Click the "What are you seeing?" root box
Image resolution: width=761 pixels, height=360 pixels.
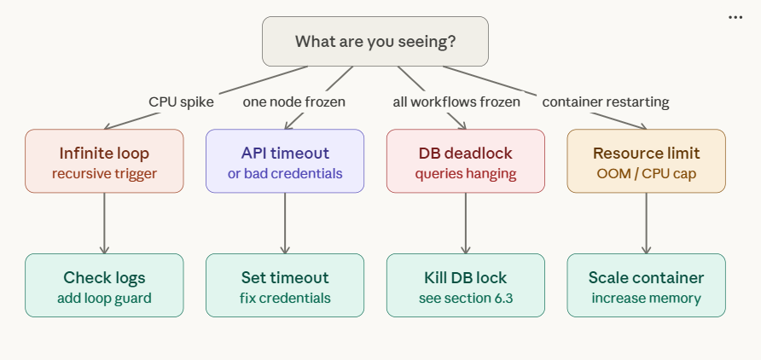(x=375, y=41)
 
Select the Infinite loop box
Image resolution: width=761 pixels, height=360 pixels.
(x=104, y=161)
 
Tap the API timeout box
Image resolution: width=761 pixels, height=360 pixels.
(x=285, y=161)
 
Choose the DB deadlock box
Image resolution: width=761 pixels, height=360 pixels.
(x=466, y=161)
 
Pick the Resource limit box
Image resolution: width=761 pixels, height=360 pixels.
(x=646, y=161)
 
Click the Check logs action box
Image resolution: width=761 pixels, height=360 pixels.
(x=104, y=286)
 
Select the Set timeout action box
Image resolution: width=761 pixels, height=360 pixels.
(x=285, y=286)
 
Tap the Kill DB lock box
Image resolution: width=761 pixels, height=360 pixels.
(x=466, y=286)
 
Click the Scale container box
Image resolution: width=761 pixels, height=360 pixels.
(x=646, y=286)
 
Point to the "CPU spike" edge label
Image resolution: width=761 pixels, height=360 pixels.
(x=181, y=102)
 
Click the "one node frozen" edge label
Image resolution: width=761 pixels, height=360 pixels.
(x=294, y=102)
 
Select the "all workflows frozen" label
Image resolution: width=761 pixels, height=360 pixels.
(x=456, y=102)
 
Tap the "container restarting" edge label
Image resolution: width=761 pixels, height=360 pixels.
(x=606, y=102)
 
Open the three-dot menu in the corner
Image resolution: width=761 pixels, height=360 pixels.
(x=735, y=17)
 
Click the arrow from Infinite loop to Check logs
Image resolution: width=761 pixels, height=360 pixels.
(x=104, y=223)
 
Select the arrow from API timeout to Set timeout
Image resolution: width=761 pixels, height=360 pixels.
(x=285, y=223)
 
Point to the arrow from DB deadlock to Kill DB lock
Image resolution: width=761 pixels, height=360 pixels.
(x=466, y=223)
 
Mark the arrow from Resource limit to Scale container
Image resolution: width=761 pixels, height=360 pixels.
(x=646, y=223)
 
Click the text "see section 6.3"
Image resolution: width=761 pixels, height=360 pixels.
(x=466, y=299)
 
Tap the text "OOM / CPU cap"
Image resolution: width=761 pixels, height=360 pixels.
(x=646, y=173)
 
